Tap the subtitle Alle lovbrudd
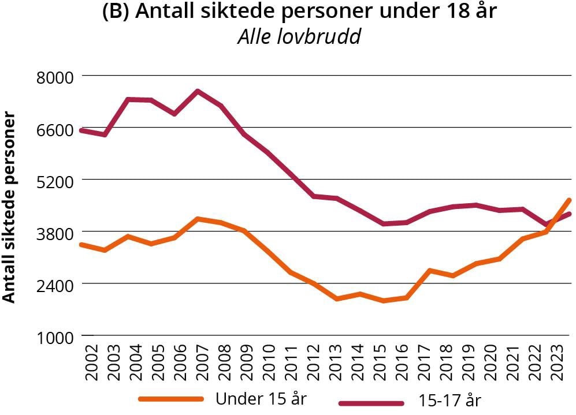pos(299,36)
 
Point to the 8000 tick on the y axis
pos(53,77)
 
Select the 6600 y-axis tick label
pos(53,129)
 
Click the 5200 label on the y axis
pos(53,181)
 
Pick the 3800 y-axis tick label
pos(53,233)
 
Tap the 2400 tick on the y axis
pos(53,285)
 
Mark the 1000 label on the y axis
pos(53,337)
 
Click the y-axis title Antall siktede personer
pos(9,207)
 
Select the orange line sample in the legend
pos(171,399)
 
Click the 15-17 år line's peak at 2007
pos(198,91)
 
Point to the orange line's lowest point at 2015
pos(382,301)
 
